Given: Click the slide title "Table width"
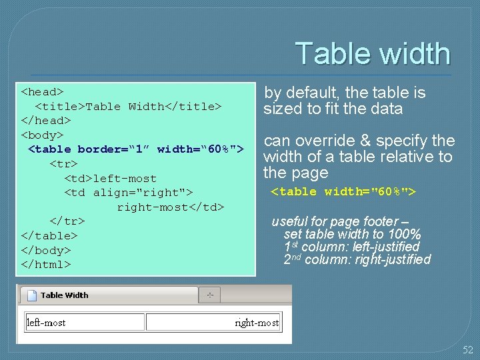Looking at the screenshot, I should (372, 54).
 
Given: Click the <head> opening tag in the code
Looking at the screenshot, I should (42, 91).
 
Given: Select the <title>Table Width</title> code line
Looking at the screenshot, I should (128, 106).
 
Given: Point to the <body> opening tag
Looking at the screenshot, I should (42, 135).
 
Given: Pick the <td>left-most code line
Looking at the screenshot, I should (110, 179).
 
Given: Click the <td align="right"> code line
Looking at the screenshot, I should (128, 193).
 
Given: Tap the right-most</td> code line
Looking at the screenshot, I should (171, 207).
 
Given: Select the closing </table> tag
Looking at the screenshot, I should (49, 235).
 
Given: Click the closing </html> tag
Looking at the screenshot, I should (46, 264).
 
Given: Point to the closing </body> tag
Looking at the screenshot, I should (46, 250).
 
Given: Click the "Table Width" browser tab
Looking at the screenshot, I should (64, 295).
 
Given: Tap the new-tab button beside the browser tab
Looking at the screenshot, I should (210, 295).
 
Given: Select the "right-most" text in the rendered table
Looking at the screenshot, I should (257, 323).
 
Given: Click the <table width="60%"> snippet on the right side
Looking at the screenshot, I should (343, 192).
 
